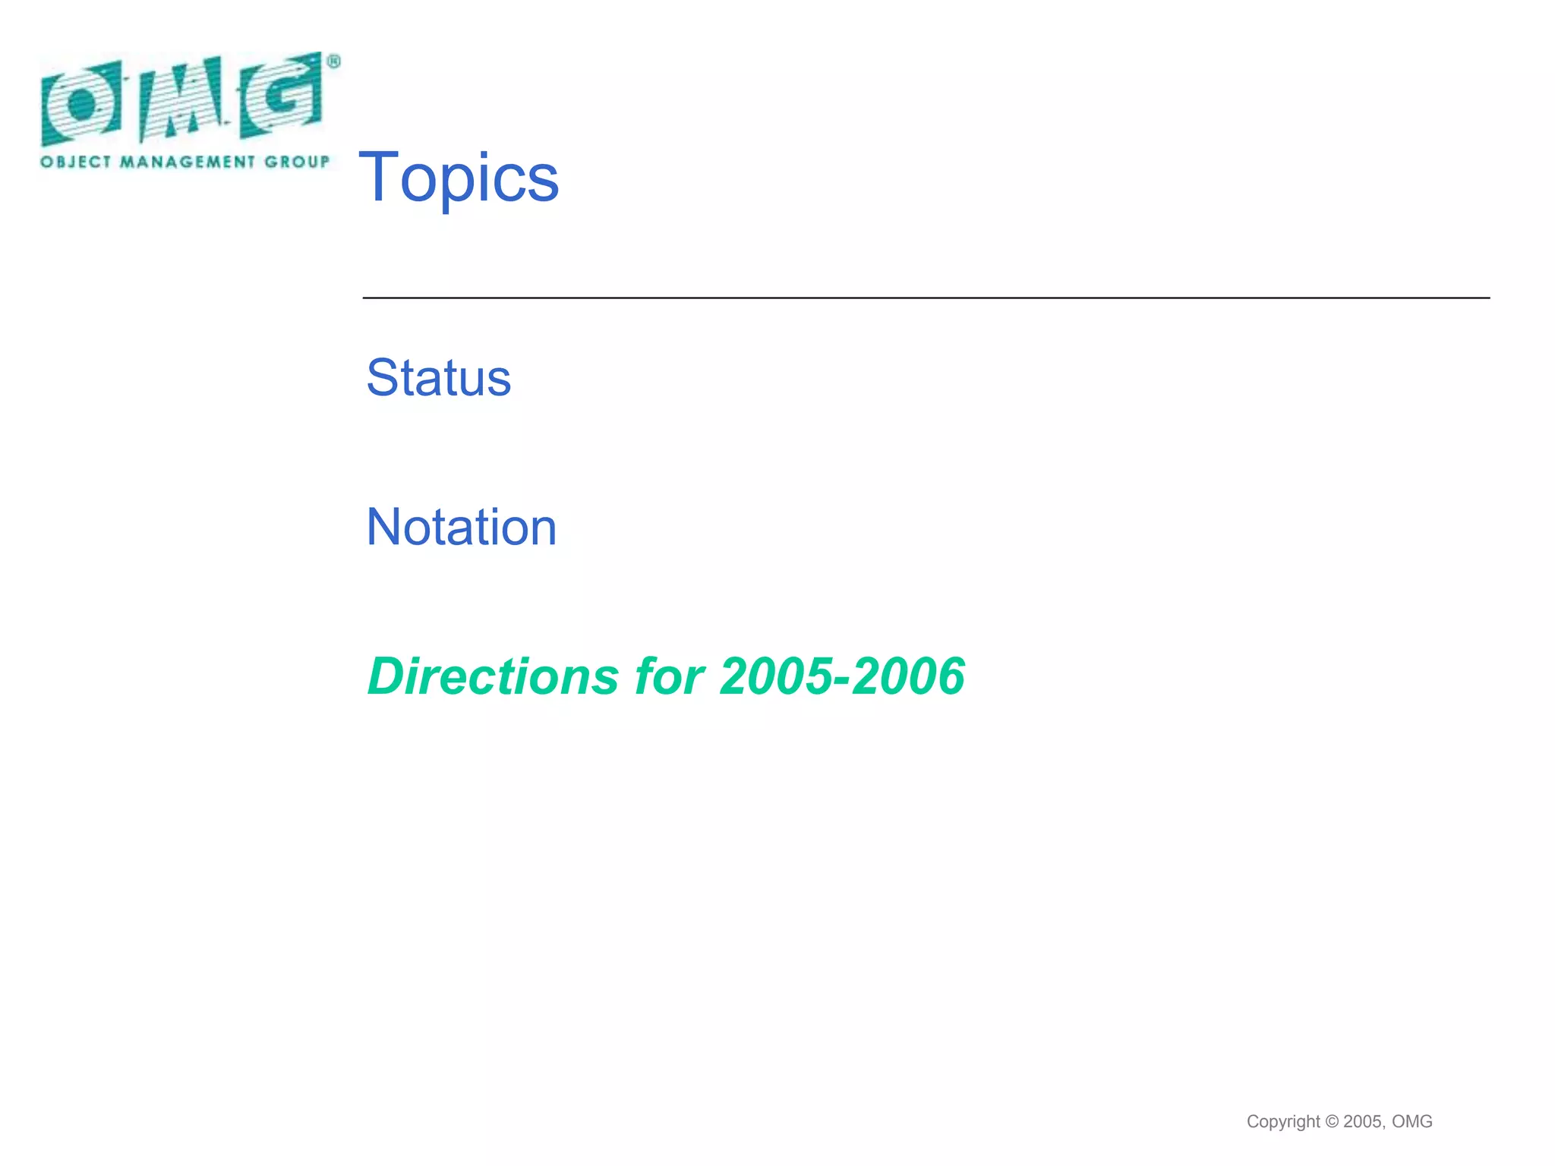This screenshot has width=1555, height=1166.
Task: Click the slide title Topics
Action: [x=459, y=178]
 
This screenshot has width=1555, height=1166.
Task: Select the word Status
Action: [x=439, y=377]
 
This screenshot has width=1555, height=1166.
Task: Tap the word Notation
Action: [x=462, y=527]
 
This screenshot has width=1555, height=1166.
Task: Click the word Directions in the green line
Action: [x=494, y=676]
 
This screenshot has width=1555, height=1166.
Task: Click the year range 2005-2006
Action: [x=842, y=676]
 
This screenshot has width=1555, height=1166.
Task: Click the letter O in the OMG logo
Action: [x=80, y=103]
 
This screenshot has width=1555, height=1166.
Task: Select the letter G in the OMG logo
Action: [x=281, y=95]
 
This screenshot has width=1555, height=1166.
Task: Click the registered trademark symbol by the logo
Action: [x=333, y=62]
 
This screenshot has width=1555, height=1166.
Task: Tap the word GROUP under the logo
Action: [x=297, y=162]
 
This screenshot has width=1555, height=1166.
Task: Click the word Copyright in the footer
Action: [x=1283, y=1121]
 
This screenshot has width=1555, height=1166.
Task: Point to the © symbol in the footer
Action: [x=1332, y=1121]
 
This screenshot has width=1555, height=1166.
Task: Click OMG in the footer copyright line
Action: [x=1412, y=1121]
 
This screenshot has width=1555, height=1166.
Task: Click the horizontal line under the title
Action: [x=926, y=298]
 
